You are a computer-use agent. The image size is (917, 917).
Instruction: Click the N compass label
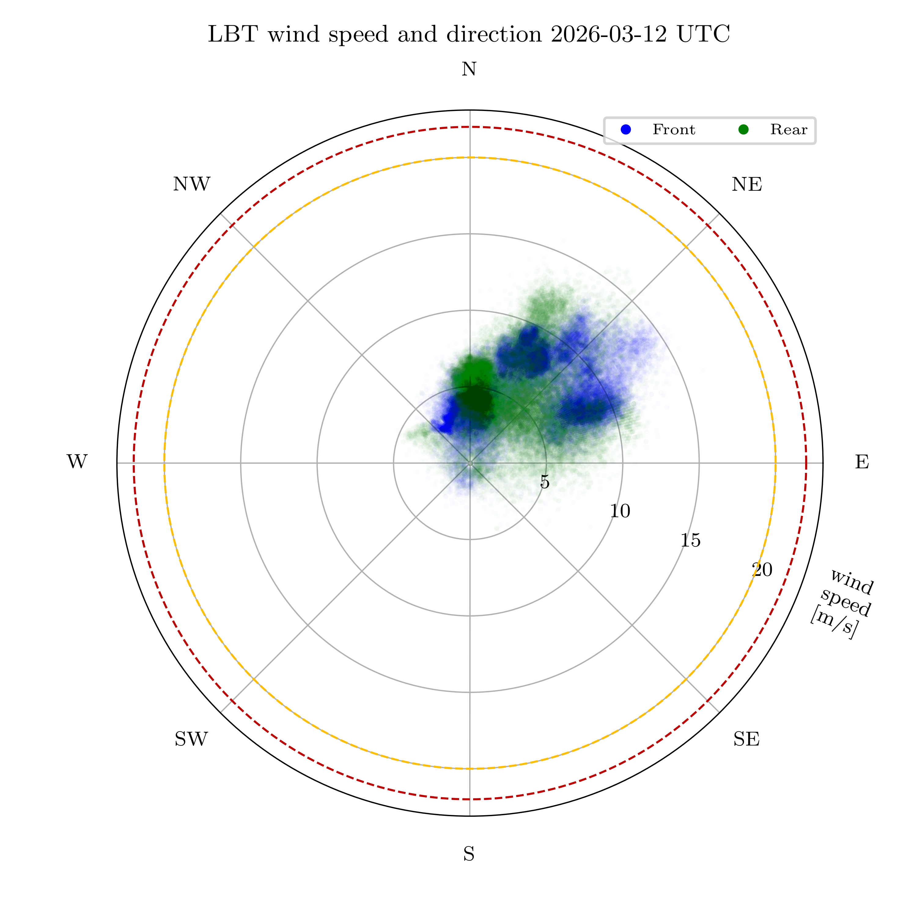(469, 70)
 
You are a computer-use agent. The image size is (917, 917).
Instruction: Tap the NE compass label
(747, 185)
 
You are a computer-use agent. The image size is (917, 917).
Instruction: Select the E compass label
(862, 462)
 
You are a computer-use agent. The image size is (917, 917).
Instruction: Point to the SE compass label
(746, 739)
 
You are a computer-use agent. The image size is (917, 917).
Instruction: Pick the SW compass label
(191, 739)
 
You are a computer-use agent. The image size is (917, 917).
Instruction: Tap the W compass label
(77, 462)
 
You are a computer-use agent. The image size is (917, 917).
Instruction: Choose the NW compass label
(191, 185)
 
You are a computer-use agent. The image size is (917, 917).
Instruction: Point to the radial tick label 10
(620, 511)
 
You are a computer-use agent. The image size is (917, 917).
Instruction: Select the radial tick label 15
(690, 540)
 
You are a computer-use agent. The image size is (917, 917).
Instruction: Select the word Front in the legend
(673, 130)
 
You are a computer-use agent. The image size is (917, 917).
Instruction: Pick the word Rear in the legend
(788, 130)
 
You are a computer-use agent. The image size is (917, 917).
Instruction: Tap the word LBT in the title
(233, 35)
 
